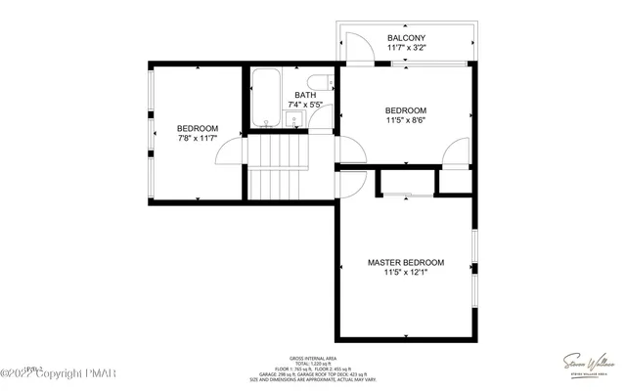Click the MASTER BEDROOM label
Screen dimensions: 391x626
point(406,263)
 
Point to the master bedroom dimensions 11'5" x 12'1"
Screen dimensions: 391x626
point(406,274)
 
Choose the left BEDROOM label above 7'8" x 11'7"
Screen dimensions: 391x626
point(197,129)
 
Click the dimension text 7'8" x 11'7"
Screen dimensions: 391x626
point(197,140)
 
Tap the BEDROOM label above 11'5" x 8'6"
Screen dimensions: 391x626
point(405,110)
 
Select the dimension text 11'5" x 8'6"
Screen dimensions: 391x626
point(405,121)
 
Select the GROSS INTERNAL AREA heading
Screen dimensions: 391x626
point(313,359)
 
